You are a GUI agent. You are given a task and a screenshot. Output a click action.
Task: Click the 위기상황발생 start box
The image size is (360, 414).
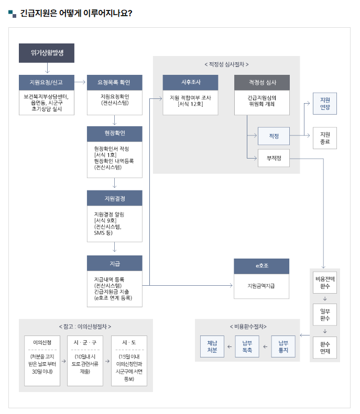(x=47, y=53)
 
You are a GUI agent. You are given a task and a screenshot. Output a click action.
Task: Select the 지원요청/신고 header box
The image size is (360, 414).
(x=46, y=83)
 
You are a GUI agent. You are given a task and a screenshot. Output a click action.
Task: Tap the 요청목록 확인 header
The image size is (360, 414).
(x=114, y=83)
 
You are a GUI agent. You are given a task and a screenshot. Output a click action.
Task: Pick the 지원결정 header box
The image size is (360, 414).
(x=114, y=198)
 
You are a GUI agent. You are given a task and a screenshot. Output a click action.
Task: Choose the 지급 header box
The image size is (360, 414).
(x=114, y=263)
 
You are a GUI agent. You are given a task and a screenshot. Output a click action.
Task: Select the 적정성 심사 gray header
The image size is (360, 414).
(x=261, y=83)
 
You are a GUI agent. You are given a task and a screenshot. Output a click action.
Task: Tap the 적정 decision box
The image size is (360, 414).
(x=274, y=136)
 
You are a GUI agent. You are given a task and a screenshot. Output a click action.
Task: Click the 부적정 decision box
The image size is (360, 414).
(x=274, y=158)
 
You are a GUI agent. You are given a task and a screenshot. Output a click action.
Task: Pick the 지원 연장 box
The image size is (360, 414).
(x=325, y=104)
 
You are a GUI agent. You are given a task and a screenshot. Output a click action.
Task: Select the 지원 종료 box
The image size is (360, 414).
(x=325, y=138)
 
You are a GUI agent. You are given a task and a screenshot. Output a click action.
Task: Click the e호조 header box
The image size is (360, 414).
(x=261, y=266)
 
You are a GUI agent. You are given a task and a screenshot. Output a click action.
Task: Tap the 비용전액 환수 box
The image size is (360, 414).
(x=325, y=283)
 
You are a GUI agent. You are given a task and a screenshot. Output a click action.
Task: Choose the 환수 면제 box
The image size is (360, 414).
(x=325, y=347)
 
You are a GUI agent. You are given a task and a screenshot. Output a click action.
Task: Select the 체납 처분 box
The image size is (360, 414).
(x=212, y=346)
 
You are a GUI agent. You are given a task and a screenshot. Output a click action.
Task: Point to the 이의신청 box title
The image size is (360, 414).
(x=42, y=342)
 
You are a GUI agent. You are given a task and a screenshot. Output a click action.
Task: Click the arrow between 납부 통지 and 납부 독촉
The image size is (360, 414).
(x=266, y=346)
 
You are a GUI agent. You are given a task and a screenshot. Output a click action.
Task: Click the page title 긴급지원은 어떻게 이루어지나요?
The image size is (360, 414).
(x=76, y=13)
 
